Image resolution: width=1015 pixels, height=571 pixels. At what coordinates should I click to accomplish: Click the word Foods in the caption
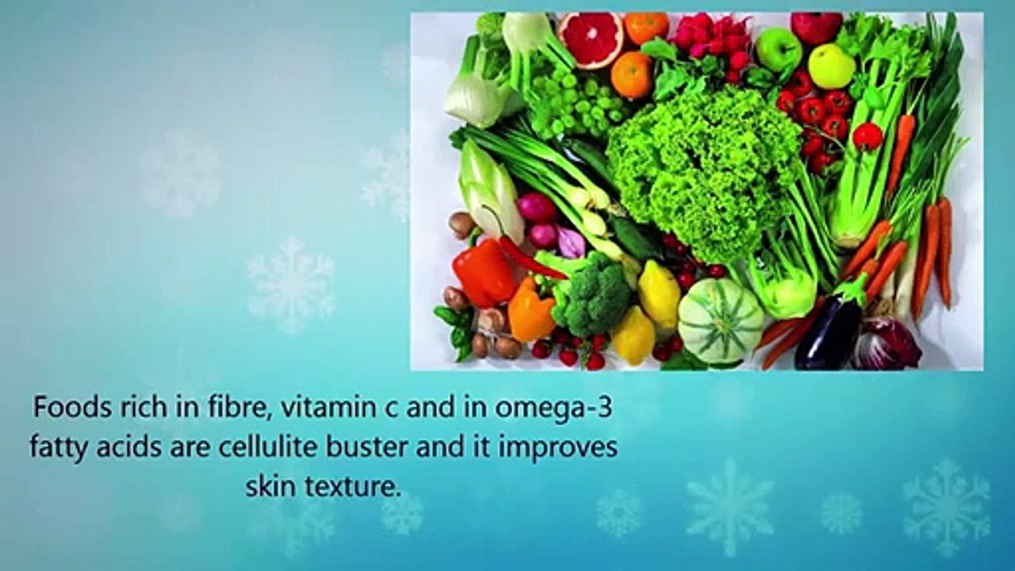[x=67, y=408]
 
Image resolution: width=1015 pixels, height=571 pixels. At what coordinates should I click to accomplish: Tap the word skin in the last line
[x=266, y=486]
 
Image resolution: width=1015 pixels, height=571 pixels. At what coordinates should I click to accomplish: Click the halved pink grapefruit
[x=590, y=40]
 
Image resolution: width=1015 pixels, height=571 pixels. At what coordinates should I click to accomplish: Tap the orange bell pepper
[x=530, y=311]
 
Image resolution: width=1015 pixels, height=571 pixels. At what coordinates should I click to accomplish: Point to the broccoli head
[x=592, y=293]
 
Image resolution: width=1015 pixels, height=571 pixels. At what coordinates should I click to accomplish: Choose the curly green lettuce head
[x=702, y=171]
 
